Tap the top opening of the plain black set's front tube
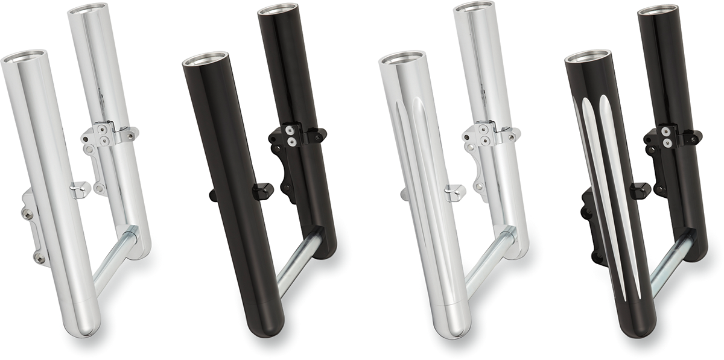tap(205, 61)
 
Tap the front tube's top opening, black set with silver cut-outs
tap(588, 58)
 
